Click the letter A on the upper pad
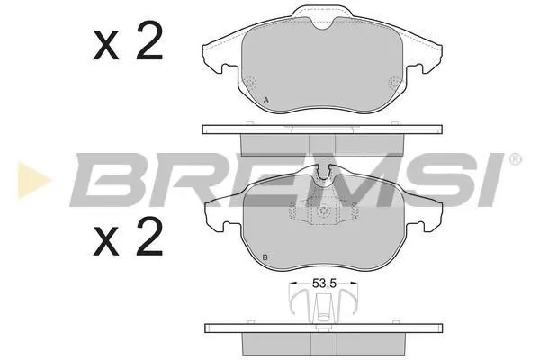[x=265, y=100]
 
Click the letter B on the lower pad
[x=265, y=257]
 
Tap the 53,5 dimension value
[x=324, y=283]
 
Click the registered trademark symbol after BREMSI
[x=515, y=159]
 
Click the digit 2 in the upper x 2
[x=149, y=40]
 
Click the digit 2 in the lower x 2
[x=149, y=236]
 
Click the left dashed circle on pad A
[x=250, y=84]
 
